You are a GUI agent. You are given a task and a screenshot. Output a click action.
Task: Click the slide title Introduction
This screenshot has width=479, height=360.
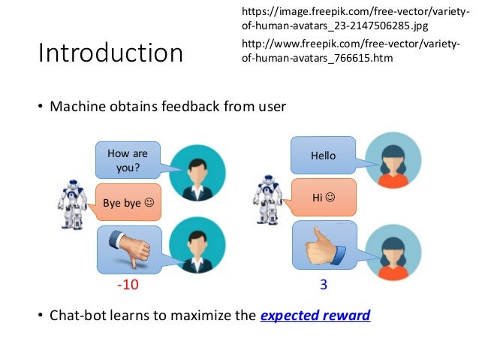[x=110, y=53]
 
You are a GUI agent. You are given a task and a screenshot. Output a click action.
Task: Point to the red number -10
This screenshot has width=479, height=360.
[x=128, y=286]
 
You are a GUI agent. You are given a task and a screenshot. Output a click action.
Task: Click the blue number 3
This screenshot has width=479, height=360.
[x=324, y=286]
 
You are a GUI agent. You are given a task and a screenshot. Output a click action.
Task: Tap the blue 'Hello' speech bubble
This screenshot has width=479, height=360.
[x=323, y=156]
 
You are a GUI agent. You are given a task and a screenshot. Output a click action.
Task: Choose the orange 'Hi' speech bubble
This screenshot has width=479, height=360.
[x=323, y=198]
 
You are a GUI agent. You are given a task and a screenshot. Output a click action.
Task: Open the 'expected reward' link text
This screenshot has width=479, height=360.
[x=315, y=315]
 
